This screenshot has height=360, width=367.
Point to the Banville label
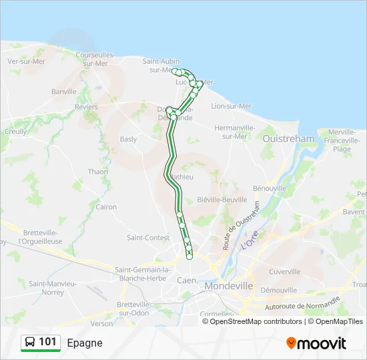coord(64,91)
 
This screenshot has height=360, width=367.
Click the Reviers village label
coord(87,107)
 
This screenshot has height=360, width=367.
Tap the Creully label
coord(15,132)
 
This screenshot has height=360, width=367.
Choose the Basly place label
coord(128,139)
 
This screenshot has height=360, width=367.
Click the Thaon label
coord(98,172)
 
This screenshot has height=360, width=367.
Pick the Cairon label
coord(106,207)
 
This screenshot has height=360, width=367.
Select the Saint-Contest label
coord(147,237)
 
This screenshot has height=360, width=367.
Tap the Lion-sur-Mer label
coord(232,106)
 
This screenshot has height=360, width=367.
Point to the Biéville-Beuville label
coord(226,200)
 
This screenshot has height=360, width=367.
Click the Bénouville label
coord(270,189)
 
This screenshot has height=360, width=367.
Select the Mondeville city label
coord(230,285)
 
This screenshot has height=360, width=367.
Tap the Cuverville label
coord(286,272)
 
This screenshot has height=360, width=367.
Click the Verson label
coord(102,323)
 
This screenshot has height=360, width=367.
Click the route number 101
coord(47,342)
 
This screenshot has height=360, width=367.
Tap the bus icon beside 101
coord(30,343)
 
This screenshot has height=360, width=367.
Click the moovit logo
coord(316,343)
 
